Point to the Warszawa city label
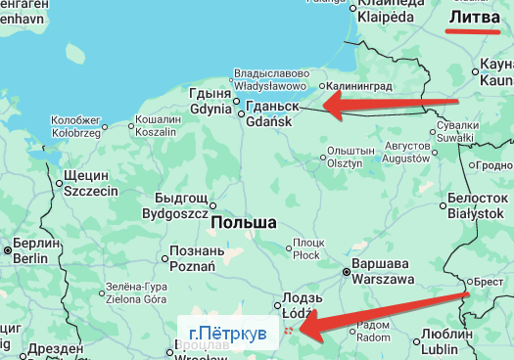(x=382, y=272)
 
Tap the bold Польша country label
(x=243, y=223)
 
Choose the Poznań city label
(x=192, y=257)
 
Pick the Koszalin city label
(x=155, y=125)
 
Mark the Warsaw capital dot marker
(x=347, y=273)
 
